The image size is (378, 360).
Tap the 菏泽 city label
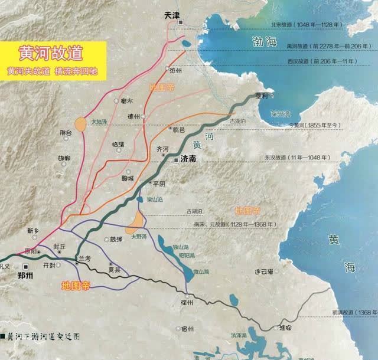[x=116, y=240]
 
